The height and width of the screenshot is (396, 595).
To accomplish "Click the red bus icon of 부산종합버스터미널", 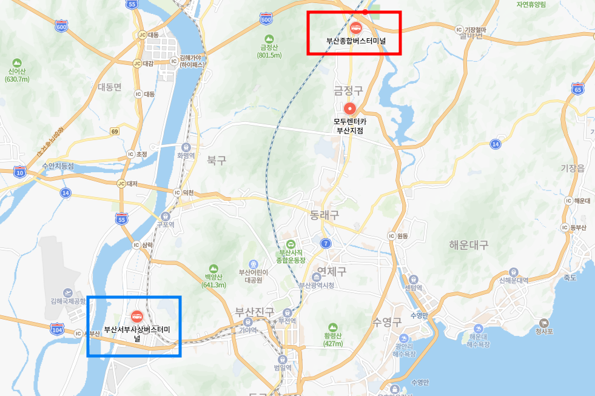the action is point(355,27).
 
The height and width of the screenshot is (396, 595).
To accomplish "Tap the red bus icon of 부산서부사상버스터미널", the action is point(136,316).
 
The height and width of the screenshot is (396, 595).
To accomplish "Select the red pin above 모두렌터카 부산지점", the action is point(349,109).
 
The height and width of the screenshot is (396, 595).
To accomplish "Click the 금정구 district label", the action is point(348,91).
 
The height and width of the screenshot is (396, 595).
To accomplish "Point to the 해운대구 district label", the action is point(469,245).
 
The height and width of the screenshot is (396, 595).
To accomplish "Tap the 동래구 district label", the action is point(324,215).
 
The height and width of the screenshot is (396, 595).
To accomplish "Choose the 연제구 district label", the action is point(332,272).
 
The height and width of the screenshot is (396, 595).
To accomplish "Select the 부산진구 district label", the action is point(255,312).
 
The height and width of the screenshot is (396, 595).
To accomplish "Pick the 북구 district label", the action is point(216,161).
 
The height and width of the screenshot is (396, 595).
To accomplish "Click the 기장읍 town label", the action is point(573,168).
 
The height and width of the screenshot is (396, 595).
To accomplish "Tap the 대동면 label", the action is point(110,87).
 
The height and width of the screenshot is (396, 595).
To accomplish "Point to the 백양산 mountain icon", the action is point(212,268).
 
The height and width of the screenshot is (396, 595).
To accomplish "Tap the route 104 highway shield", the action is point(57,329).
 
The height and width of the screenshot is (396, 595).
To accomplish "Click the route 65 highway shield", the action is point(577,90).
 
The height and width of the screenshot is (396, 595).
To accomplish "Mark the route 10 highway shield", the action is point(20,172).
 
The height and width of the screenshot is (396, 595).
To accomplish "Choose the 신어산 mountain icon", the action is point(16,62).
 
